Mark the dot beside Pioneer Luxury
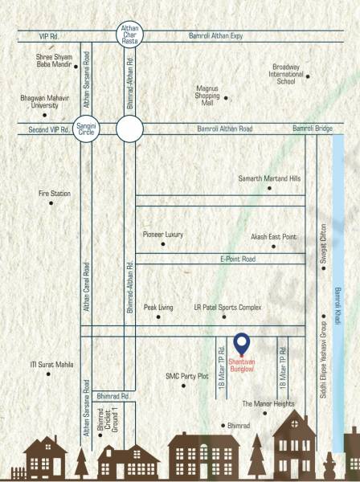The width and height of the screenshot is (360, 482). click(162, 243)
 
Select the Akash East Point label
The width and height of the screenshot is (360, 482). click(274, 238)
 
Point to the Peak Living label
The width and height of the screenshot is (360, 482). click(159, 307)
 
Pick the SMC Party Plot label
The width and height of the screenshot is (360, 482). click(186, 375)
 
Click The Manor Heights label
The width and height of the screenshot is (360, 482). click(268, 403)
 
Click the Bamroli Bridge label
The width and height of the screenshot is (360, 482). click(313, 129)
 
